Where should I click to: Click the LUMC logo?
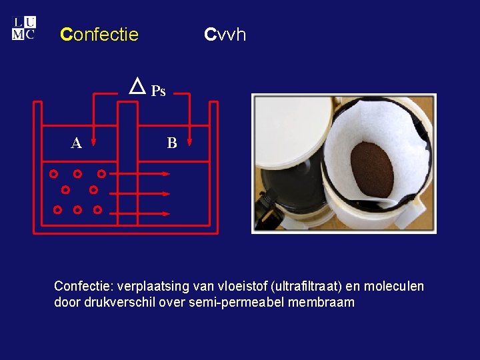click(x=23, y=29)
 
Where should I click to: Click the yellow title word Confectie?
click(x=99, y=34)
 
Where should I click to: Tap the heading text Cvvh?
click(x=225, y=34)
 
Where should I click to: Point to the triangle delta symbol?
click(x=137, y=86)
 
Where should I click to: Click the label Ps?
click(x=158, y=91)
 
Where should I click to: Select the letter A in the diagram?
click(x=77, y=143)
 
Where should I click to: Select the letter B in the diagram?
click(x=172, y=143)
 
